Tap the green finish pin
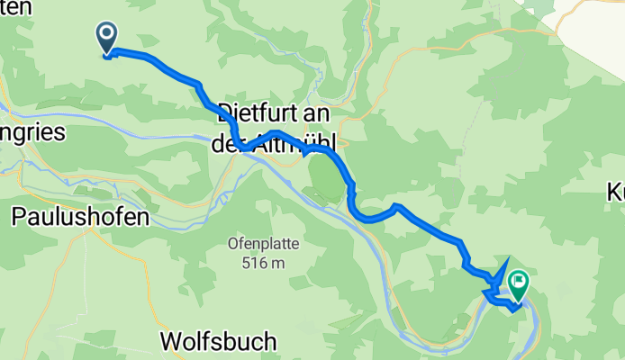point(519,284)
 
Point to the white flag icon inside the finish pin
point(519,281)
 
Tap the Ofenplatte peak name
point(263,244)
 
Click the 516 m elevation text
point(263,263)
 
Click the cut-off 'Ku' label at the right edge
point(616,192)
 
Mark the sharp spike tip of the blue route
point(509,258)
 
